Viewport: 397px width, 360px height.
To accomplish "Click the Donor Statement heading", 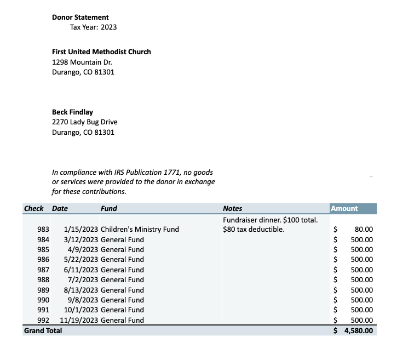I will coord(80,18).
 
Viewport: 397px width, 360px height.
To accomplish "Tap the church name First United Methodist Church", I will coord(101,52).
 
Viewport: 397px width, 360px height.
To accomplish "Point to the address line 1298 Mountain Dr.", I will coord(82,62).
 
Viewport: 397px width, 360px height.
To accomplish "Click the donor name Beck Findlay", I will coord(72,112).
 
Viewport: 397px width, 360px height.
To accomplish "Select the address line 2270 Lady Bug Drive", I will coord(84,122).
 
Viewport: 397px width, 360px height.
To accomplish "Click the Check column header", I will coord(33,208).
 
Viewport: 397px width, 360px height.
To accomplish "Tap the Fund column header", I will coord(108,208).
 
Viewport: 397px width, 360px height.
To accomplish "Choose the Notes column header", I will coord(232,208).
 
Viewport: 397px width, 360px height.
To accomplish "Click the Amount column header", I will coord(344,208).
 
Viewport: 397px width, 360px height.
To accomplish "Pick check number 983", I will coord(43,229).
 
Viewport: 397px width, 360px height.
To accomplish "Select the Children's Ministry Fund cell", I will coord(140,229).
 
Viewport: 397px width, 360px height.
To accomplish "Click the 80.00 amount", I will coord(364,230).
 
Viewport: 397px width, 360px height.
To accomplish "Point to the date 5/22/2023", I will coord(80,259).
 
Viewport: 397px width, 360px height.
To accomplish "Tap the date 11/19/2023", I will coord(79,320).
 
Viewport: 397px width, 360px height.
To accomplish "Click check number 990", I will coord(43,300).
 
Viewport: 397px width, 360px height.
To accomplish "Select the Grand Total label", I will coord(43,330).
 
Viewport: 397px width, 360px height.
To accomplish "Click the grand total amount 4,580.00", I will coord(358,330).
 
